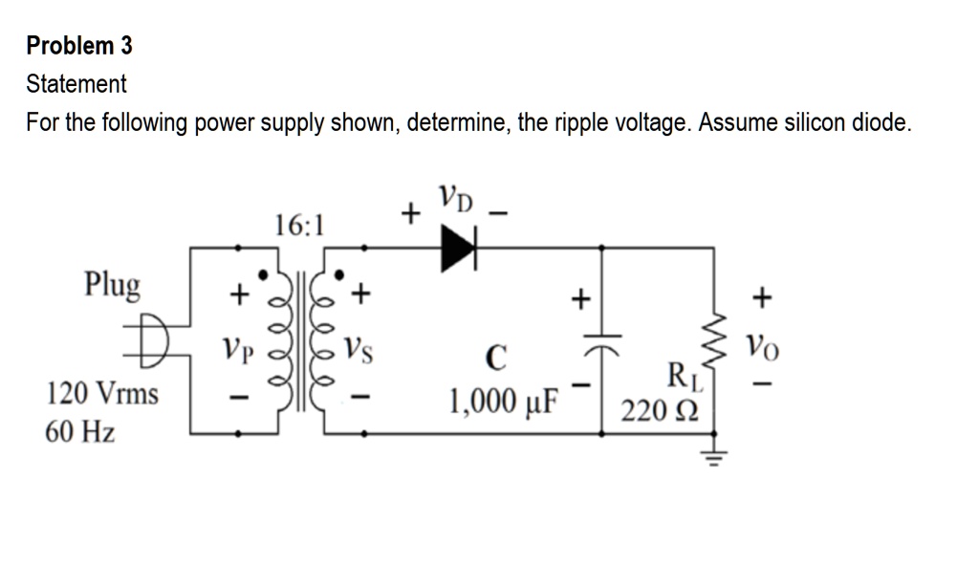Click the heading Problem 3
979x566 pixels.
(79, 45)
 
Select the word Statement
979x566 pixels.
(76, 84)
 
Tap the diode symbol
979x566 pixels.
(457, 248)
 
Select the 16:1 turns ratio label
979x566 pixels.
(299, 226)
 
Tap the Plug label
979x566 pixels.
(112, 284)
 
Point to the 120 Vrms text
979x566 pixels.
(103, 393)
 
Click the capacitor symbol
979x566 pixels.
(601, 339)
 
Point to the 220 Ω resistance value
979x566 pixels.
(661, 413)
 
